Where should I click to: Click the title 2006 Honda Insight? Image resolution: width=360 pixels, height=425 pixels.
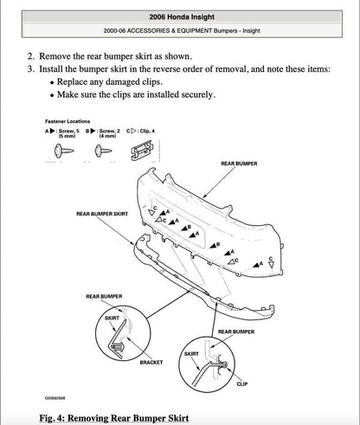click(181, 16)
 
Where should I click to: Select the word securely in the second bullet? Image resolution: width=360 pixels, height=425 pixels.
click(191, 95)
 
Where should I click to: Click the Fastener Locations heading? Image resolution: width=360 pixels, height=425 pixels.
click(67, 122)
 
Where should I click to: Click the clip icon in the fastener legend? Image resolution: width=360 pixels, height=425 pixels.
click(137, 149)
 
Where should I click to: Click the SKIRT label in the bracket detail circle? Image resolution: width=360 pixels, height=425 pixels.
click(112, 318)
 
